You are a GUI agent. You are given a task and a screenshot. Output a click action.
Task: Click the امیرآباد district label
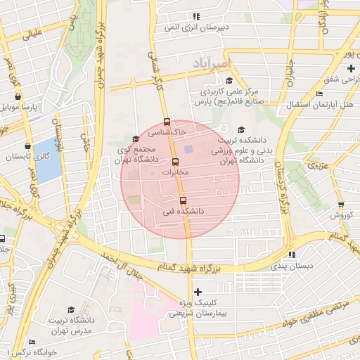click(x=210, y=64)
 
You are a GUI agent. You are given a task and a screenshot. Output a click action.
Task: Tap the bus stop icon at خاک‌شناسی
click(x=167, y=121)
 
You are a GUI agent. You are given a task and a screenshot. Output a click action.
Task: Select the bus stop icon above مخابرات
click(x=176, y=162)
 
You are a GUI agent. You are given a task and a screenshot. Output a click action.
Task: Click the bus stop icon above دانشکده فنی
click(x=184, y=200)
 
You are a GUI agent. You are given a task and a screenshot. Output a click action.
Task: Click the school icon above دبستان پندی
click(x=291, y=255)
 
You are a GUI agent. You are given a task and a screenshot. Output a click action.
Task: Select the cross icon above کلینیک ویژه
click(x=197, y=292)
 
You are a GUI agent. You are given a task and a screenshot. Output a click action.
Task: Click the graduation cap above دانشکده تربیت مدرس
click(x=71, y=310)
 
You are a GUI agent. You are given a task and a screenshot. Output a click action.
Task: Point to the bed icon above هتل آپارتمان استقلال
click(x=320, y=94)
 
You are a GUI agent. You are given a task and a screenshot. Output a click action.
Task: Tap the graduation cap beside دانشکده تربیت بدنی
click(x=242, y=129)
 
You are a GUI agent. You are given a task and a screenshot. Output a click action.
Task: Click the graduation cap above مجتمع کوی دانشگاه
click(x=136, y=139)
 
